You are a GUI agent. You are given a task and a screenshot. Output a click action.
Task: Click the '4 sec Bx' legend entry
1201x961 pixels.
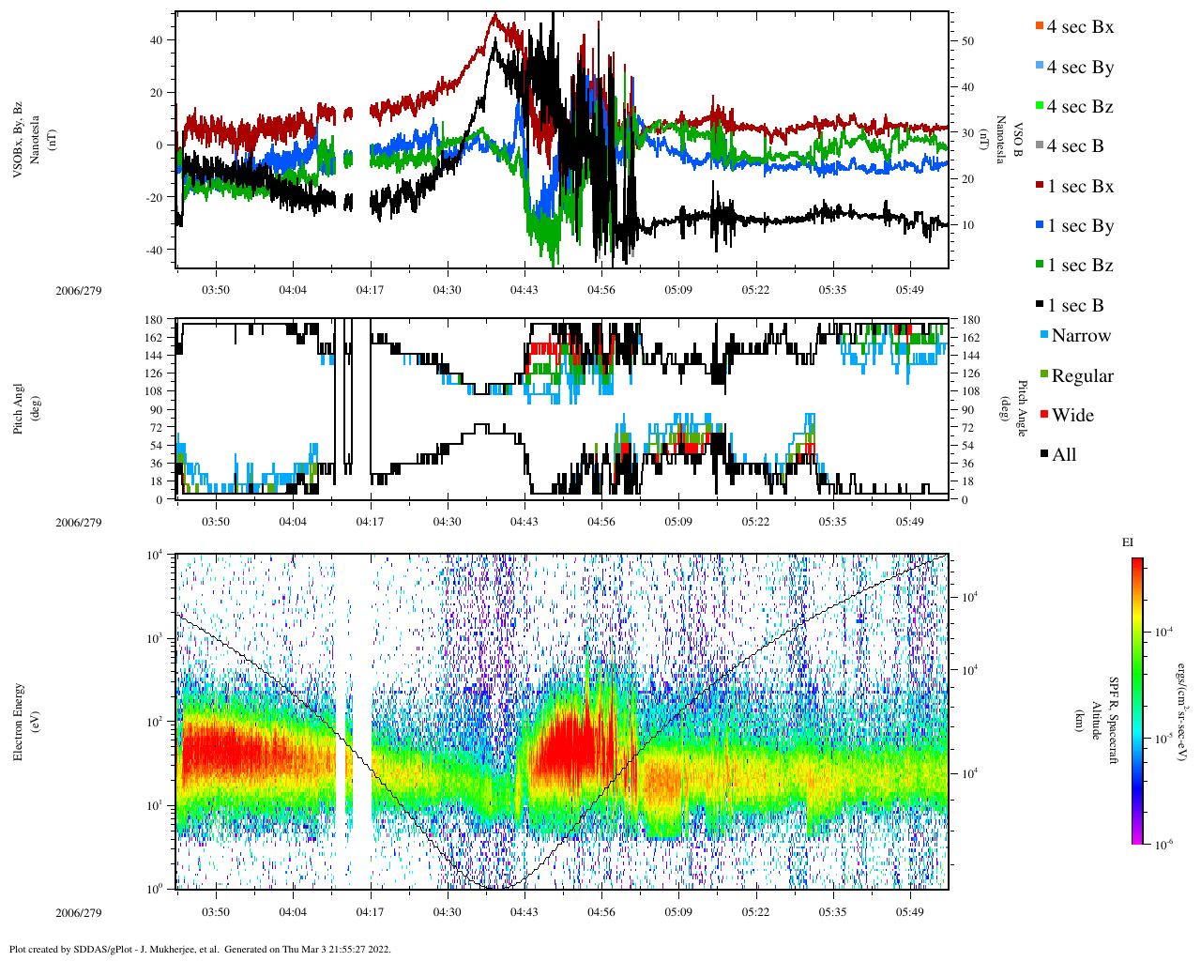coord(1079,27)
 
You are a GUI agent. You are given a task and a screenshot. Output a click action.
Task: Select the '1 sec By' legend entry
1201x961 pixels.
coord(1079,226)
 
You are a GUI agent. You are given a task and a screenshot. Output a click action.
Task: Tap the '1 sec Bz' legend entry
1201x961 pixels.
coord(1079,266)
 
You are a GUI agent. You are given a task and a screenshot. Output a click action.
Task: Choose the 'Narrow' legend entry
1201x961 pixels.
coord(1080,336)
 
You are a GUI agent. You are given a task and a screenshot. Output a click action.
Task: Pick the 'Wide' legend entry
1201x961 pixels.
coord(1072,416)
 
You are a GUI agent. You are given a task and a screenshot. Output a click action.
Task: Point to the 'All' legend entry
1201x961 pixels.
coord(1063,455)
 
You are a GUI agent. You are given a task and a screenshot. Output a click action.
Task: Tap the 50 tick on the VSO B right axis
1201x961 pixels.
coord(966,41)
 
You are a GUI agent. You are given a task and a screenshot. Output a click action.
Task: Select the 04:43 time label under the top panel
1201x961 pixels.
coord(524,290)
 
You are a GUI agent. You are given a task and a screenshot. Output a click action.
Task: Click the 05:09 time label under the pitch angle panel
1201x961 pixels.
coord(678,522)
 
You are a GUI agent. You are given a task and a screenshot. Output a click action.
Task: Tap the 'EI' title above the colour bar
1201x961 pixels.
coord(1128,542)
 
